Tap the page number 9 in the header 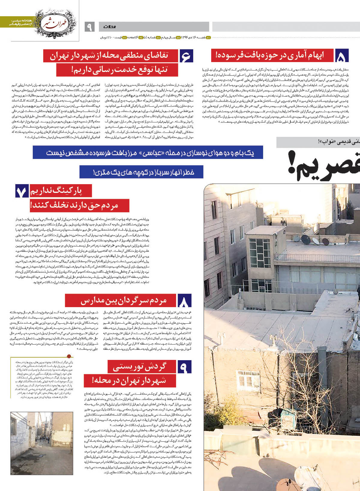[90, 27]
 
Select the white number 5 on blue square [343, 56]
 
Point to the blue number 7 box [22, 192]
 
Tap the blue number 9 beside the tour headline [184, 367]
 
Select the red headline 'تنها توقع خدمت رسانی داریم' [117, 70]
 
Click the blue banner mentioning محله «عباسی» [148, 152]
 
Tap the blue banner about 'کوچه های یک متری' [141, 172]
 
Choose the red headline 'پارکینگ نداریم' [60, 191]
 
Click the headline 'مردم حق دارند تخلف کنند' [79, 205]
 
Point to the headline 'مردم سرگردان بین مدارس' [121, 300]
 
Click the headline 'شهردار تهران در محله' [125, 381]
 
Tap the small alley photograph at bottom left [41, 443]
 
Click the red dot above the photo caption [70, 356]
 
